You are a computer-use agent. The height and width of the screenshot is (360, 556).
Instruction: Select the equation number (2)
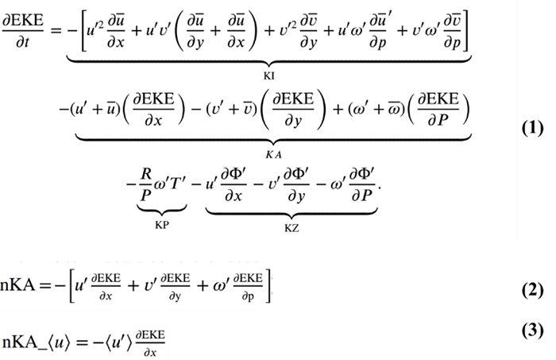[x=526, y=289]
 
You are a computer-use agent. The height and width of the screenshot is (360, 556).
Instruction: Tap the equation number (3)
[x=526, y=330]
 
